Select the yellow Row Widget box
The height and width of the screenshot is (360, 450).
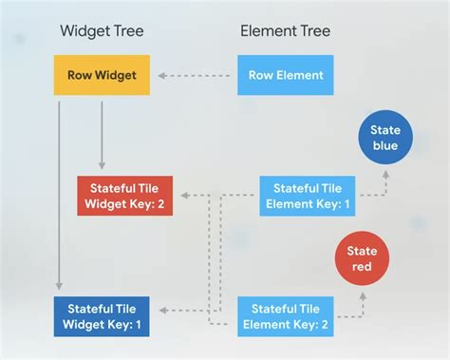[102, 75]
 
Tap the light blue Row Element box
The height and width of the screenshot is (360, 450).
[286, 75]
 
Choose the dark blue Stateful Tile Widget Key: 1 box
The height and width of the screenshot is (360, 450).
[101, 316]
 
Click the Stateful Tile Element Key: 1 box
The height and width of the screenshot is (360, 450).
[307, 196]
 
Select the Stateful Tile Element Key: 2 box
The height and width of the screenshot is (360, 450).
[285, 316]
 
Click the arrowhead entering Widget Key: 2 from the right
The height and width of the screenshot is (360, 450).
[184, 196]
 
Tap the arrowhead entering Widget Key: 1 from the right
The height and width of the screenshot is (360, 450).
[163, 310]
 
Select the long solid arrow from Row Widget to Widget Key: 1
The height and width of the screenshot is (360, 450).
[60, 190]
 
